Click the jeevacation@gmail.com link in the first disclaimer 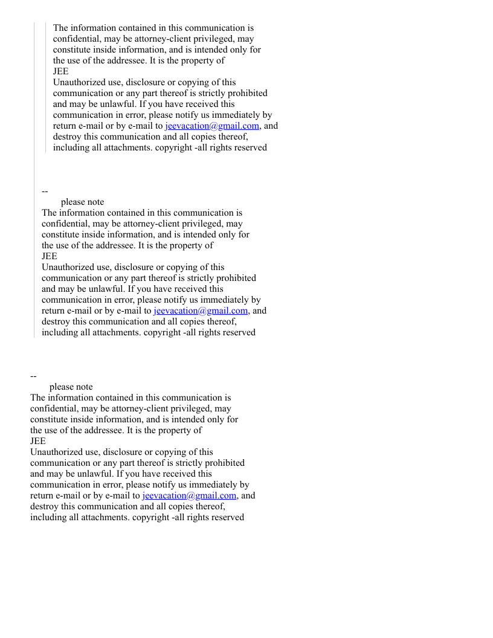[x=212, y=126]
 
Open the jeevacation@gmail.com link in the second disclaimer [x=201, y=311]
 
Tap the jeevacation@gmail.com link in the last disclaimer [x=189, y=495]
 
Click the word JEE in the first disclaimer [x=61, y=71]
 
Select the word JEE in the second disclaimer [x=50, y=256]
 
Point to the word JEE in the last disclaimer [x=38, y=441]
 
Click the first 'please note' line [x=82, y=202]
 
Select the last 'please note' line [x=71, y=387]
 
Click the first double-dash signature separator [x=45, y=192]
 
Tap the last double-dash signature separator [x=33, y=376]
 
